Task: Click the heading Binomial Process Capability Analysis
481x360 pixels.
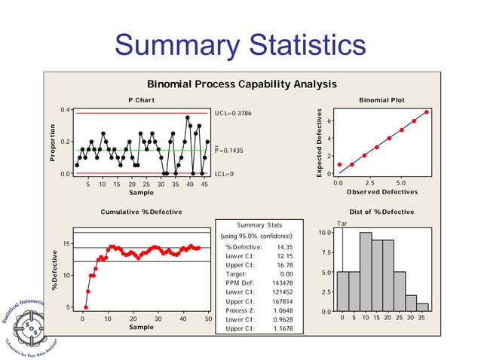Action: (x=241, y=84)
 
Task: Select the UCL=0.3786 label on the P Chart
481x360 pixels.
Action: (x=233, y=113)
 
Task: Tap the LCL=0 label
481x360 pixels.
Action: (x=225, y=174)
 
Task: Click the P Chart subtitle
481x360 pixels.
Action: (x=141, y=100)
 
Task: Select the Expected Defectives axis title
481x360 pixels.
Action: (x=320, y=143)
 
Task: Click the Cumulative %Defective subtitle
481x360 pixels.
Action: (x=141, y=212)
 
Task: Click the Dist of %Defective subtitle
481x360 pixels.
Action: (x=382, y=212)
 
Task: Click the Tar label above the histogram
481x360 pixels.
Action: (x=342, y=224)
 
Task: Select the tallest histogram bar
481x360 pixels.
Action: (x=366, y=272)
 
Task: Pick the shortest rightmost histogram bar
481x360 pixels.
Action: (x=423, y=307)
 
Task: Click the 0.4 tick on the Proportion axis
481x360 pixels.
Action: (x=66, y=111)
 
